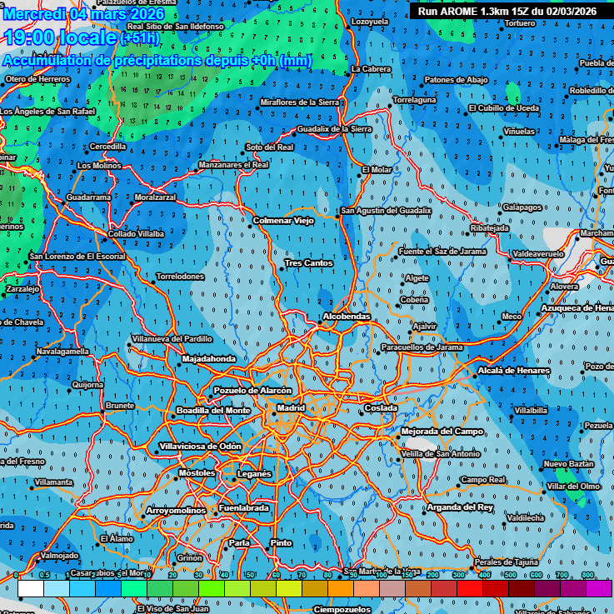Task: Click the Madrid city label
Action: [291, 408]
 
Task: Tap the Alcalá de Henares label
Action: [514, 371]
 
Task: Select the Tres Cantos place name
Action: [308, 263]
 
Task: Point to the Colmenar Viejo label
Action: [283, 221]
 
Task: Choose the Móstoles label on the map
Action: [197, 473]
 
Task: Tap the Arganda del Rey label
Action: [460, 507]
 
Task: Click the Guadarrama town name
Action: [88, 197]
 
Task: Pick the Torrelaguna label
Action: [414, 100]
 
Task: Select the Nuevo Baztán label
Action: [568, 463]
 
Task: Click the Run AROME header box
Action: [507, 11]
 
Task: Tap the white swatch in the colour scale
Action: [30, 588]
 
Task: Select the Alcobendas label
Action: [346, 317]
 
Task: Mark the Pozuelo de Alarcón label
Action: [253, 391]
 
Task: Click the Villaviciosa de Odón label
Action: [200, 447]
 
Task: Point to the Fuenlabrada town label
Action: [243, 508]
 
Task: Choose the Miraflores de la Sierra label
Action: [300, 102]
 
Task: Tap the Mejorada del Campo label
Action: [442, 432]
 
